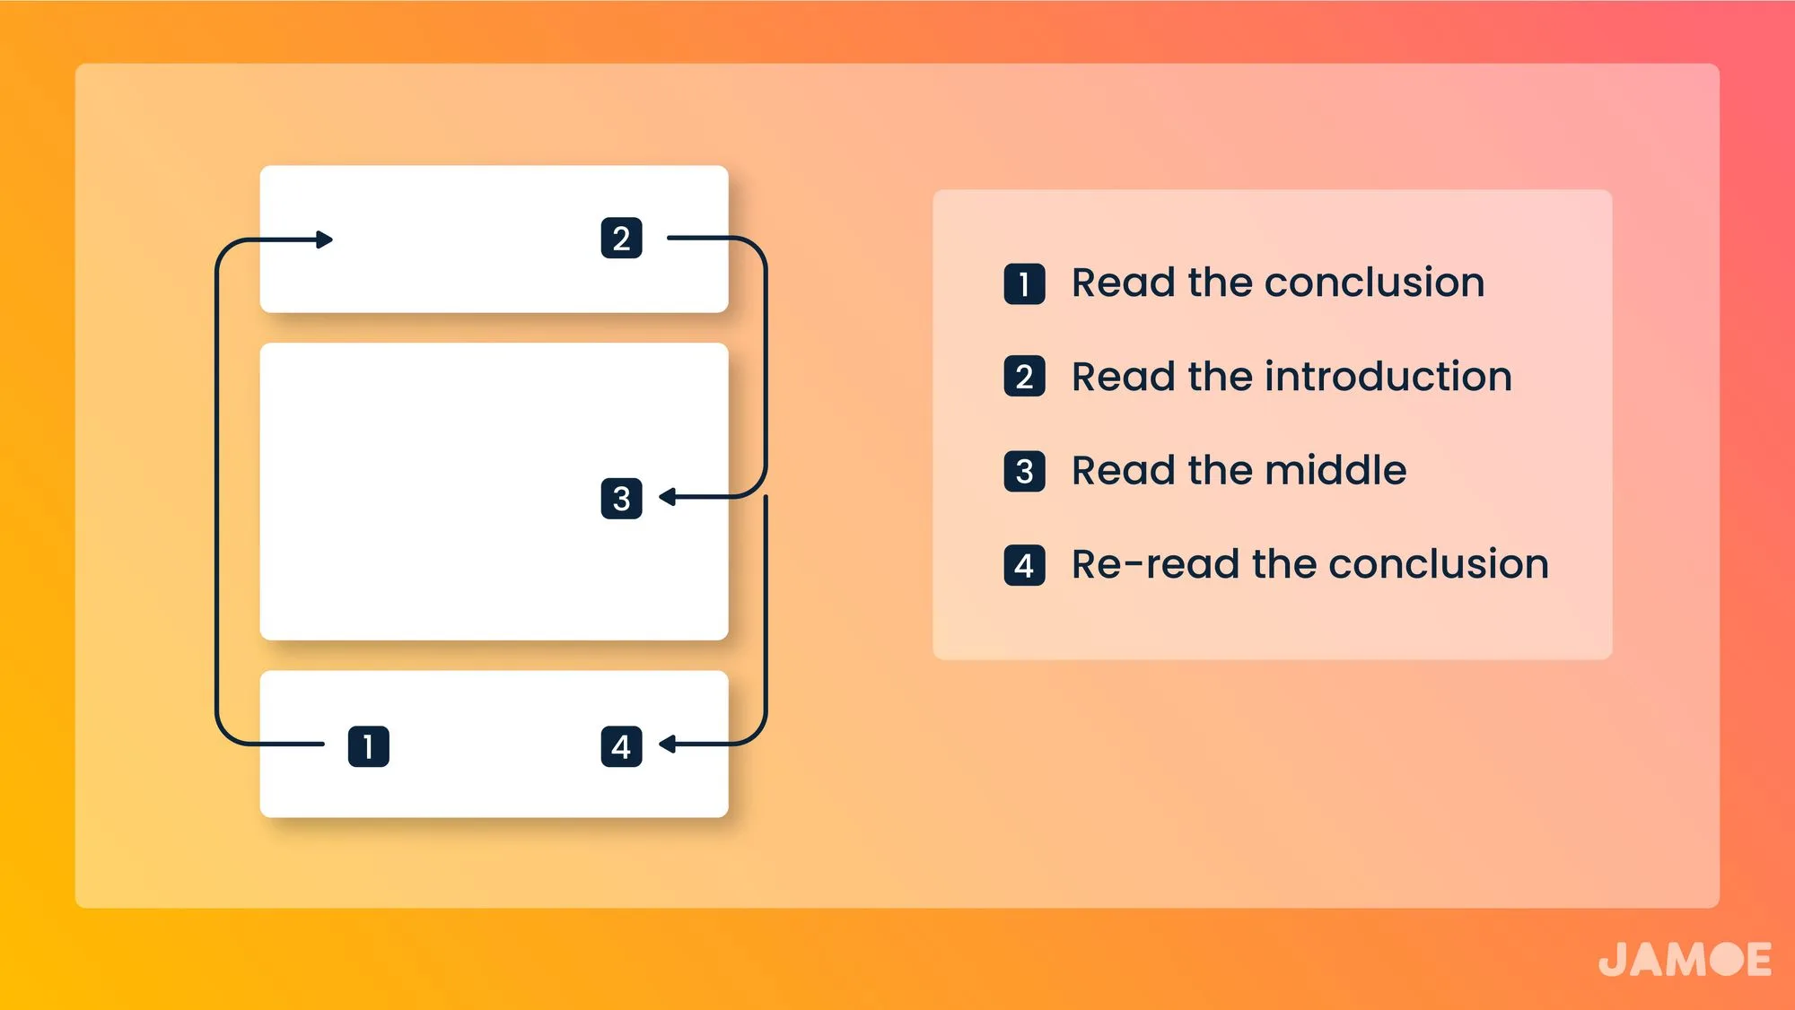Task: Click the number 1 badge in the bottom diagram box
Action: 368,746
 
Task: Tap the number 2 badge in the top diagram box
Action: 621,239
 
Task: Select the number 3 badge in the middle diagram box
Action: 621,499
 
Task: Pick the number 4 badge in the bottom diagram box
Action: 621,746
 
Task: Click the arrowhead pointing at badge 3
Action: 667,496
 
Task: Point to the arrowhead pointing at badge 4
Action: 667,744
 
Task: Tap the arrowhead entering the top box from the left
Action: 325,239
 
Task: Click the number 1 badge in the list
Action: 1024,284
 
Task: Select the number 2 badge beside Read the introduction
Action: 1024,377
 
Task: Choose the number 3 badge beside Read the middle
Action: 1024,472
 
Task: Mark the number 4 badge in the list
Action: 1024,566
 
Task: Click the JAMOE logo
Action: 1685,959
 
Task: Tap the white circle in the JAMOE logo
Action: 1727,959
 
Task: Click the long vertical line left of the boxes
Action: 217,492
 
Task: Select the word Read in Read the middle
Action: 1125,470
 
